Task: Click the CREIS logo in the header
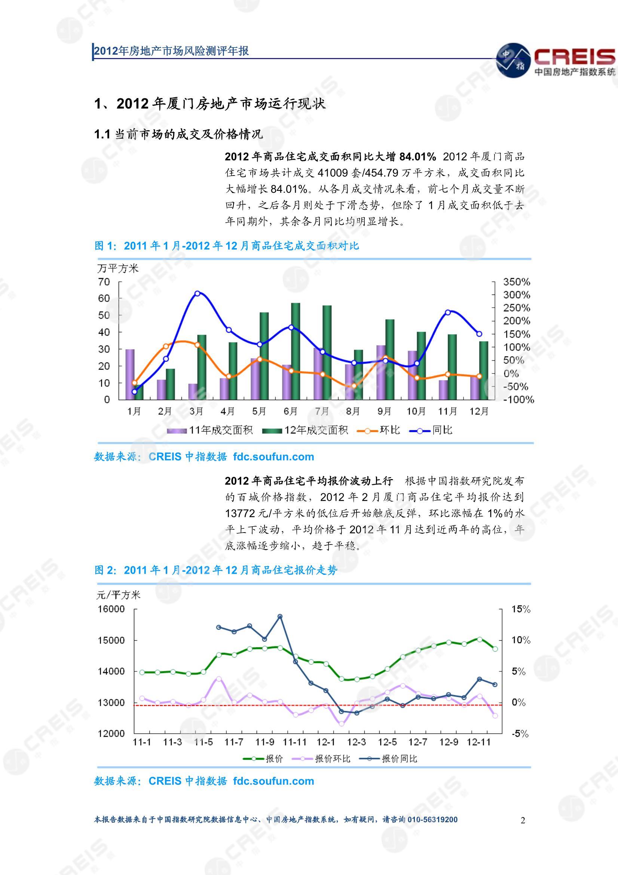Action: [x=556, y=60]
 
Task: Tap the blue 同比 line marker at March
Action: [x=197, y=293]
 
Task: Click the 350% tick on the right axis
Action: [x=517, y=282]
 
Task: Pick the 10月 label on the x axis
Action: [x=416, y=411]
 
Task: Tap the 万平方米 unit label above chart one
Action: [x=118, y=268]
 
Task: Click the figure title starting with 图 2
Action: [x=215, y=570]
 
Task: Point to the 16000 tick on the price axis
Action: [x=111, y=609]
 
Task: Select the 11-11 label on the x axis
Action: [x=294, y=742]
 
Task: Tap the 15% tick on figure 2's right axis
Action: [x=520, y=609]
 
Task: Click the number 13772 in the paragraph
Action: [x=240, y=513]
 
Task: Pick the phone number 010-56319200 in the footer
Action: [x=432, y=820]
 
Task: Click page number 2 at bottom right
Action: [x=523, y=820]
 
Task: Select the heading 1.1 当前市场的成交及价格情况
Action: [x=178, y=134]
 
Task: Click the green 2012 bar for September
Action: [x=389, y=359]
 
